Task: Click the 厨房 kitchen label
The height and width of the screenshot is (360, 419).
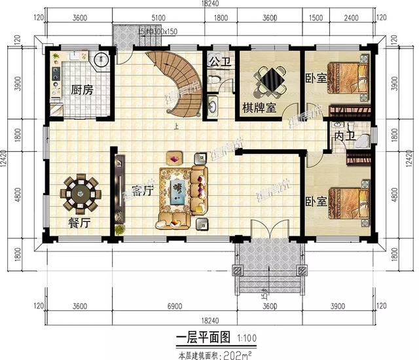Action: (x=82, y=90)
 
